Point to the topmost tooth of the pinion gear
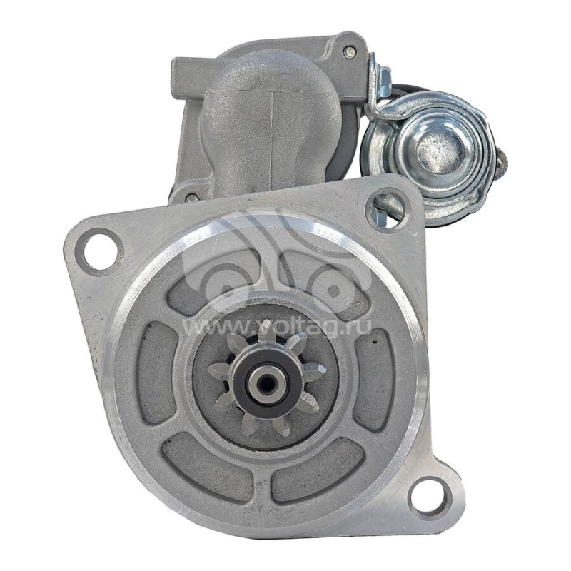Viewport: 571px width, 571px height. pos(266,330)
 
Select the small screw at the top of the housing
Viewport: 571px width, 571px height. pos(350,51)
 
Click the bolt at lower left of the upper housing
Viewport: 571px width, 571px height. pos(192,197)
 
